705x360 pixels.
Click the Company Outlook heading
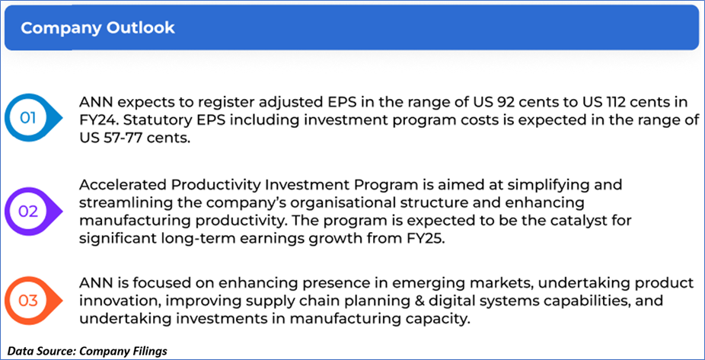point(97,28)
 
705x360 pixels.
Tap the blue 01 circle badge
point(29,118)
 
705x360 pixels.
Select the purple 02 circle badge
point(29,212)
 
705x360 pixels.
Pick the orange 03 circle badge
point(29,300)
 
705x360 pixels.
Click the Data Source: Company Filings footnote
point(88,351)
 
